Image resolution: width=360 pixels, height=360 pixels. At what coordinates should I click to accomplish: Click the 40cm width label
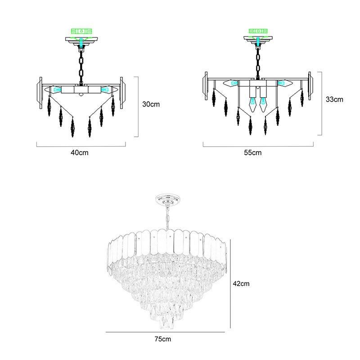pos(80,153)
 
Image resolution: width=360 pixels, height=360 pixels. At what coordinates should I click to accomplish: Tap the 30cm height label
pos(151,104)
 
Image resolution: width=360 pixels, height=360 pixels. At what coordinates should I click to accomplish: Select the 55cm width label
pos(253,153)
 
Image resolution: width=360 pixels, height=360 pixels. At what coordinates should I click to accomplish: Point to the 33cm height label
pos(334,99)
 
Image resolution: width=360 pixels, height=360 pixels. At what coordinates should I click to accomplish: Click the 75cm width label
pos(163,339)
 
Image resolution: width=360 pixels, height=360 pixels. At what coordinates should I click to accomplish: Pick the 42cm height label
pos(241,283)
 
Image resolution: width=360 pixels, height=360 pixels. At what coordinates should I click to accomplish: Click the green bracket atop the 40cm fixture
pos(81,31)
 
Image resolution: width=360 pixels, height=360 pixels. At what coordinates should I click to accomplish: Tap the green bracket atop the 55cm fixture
pos(258,31)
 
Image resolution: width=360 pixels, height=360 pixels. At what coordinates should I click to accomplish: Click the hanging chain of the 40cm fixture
pos(81,65)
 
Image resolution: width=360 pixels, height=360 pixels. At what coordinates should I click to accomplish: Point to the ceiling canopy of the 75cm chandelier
pos(168,198)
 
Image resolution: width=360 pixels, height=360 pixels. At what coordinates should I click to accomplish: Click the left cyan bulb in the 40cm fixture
pos(56,89)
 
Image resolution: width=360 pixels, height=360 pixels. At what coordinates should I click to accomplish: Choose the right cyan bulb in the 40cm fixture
pos(106,89)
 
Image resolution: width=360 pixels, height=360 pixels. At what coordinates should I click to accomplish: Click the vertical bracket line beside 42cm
pos(230,284)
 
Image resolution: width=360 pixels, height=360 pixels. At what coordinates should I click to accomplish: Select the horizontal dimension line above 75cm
pos(165,332)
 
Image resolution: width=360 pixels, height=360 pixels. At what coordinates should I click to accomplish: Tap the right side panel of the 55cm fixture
pos(310,86)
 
